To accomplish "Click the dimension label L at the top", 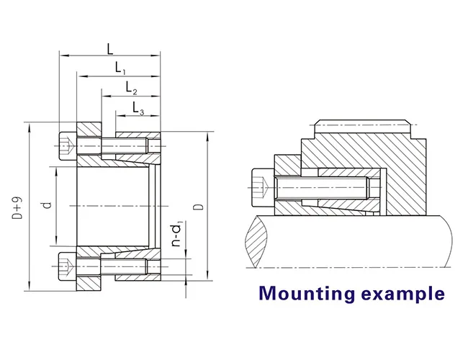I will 109,48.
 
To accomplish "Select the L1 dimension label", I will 120,68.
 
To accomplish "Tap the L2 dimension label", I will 131,88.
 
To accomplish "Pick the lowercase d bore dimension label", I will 47,205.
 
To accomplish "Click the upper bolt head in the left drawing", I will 67,146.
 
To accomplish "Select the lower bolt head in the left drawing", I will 67,267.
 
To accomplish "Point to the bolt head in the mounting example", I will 261,186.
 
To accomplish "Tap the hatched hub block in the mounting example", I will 360,155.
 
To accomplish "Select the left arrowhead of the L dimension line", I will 62,55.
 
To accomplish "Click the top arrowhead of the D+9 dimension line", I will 28,121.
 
